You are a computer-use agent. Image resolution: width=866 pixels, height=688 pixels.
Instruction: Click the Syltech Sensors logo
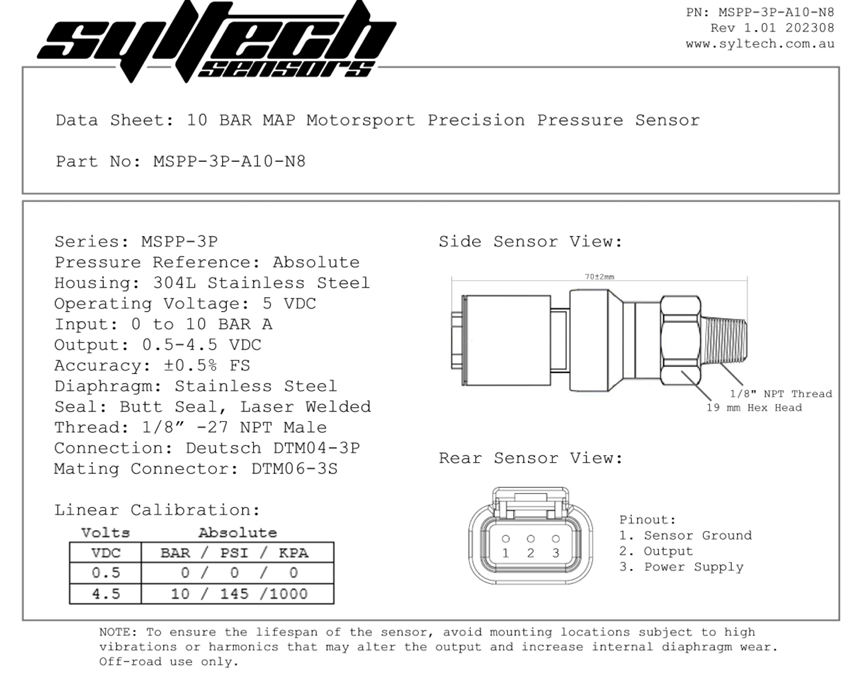(x=216, y=41)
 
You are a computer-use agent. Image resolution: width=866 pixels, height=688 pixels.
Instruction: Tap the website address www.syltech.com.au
(x=760, y=44)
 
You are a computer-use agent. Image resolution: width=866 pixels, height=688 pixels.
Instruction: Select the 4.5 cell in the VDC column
(x=105, y=594)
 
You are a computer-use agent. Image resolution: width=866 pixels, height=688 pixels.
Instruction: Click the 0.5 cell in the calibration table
(x=105, y=573)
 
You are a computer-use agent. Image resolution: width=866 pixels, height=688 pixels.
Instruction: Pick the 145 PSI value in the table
(x=234, y=594)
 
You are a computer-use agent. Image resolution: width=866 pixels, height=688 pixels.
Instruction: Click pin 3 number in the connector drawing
(x=556, y=553)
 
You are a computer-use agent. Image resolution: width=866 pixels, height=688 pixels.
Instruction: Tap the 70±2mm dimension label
(x=599, y=277)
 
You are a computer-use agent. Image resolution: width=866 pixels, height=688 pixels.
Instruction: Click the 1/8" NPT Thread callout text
(x=780, y=394)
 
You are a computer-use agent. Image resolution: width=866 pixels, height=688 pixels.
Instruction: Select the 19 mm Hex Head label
(x=754, y=408)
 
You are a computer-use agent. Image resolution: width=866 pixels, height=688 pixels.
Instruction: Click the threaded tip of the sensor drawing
(x=725, y=341)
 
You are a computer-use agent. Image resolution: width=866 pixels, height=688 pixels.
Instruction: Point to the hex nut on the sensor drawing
(x=680, y=340)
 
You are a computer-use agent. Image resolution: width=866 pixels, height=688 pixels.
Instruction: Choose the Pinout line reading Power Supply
(x=681, y=567)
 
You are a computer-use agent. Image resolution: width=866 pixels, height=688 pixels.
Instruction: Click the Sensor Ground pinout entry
(x=685, y=536)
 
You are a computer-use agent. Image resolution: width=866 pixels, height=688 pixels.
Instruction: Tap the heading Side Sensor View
(x=530, y=242)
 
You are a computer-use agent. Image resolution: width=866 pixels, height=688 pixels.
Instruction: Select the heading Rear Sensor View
(x=530, y=458)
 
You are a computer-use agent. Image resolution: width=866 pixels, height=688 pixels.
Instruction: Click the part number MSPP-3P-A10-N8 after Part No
(x=229, y=162)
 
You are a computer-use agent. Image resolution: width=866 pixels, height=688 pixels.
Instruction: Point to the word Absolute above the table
(x=237, y=533)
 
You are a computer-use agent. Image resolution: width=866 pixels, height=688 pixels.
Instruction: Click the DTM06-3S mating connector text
(x=294, y=469)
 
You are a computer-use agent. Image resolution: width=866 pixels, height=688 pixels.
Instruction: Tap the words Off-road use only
(x=169, y=662)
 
